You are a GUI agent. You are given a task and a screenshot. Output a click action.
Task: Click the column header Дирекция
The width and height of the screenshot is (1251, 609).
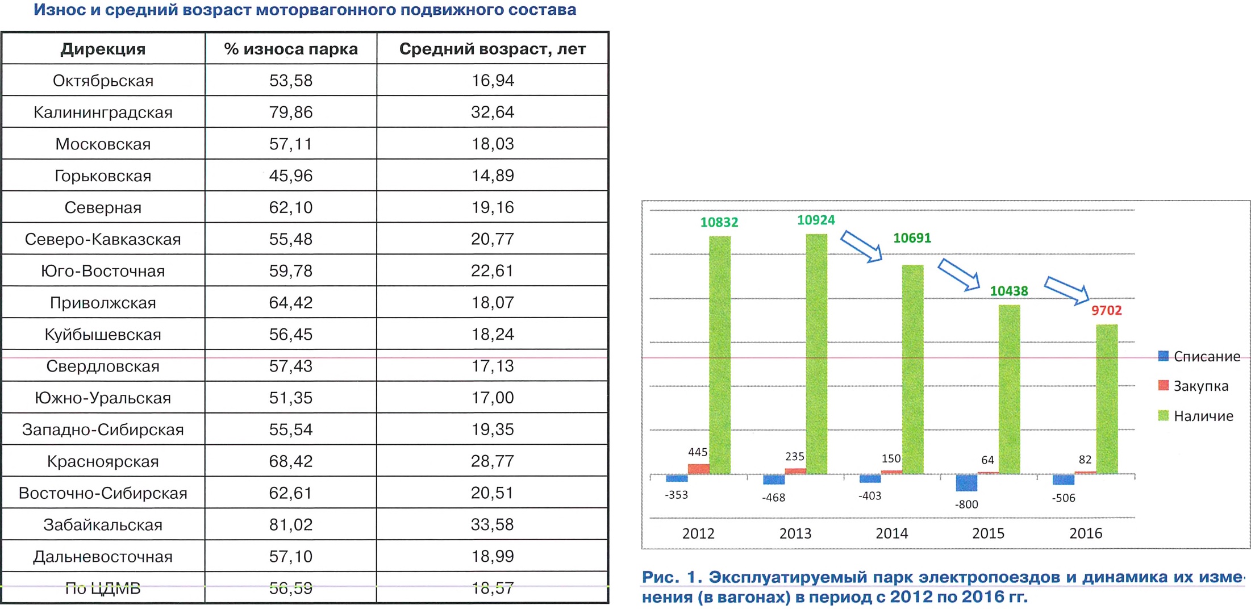coord(103,49)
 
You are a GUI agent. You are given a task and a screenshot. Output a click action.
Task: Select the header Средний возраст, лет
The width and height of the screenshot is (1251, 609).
coord(492,49)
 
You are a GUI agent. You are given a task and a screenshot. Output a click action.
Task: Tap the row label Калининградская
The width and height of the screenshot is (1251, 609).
coord(103,112)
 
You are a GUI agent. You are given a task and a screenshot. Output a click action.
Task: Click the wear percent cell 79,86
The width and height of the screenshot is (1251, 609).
coord(290,112)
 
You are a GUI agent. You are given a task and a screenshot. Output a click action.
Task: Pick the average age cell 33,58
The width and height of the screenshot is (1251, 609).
coord(492,524)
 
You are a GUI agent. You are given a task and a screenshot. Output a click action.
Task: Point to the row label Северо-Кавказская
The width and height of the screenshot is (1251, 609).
coord(103,239)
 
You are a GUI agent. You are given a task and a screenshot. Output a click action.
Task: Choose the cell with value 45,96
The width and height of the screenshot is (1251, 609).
coord(290,176)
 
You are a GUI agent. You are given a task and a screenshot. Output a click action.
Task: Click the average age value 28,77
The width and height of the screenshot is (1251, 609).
coord(492,461)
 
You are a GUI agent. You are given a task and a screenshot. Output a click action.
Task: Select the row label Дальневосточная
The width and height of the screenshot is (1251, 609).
coord(103,556)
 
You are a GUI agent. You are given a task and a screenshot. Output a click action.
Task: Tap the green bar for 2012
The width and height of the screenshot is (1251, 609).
coord(720,355)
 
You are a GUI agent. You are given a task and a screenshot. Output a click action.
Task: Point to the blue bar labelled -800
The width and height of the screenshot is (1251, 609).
coord(966,483)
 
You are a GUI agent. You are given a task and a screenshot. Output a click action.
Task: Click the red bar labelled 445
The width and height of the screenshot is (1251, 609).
coord(698,469)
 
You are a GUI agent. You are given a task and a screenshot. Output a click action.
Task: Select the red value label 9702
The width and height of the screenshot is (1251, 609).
coord(1106,311)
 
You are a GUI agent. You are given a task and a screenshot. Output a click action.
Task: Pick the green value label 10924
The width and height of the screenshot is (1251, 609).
coord(816,220)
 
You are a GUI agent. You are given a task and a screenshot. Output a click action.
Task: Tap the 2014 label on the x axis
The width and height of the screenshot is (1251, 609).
coord(891,533)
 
